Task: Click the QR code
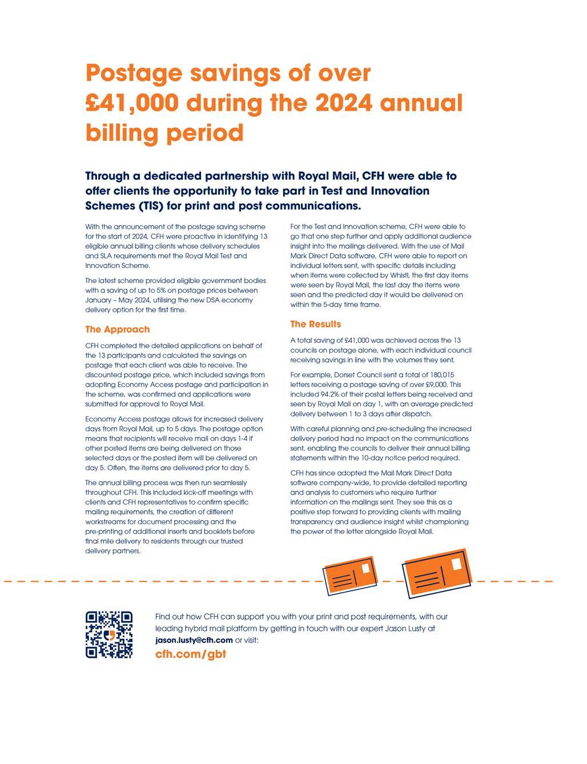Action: [109, 634]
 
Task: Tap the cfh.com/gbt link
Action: [191, 654]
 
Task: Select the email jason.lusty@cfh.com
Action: [194, 640]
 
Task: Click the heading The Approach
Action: [117, 329]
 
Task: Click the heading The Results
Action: [315, 324]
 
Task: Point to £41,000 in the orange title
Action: [132, 103]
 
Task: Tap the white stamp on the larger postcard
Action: [457, 564]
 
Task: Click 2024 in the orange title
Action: [343, 103]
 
